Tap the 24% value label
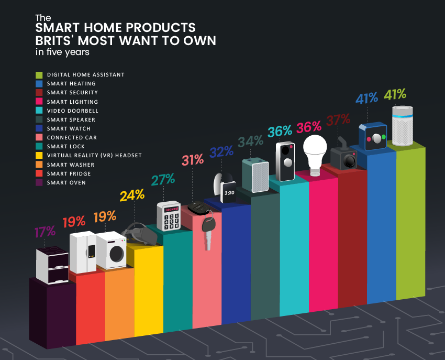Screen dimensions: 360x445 (x=131, y=196)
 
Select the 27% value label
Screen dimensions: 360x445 (x=163, y=179)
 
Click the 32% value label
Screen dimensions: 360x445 (x=221, y=152)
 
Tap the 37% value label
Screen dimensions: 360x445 (x=338, y=120)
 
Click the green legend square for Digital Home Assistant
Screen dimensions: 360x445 (x=39, y=75)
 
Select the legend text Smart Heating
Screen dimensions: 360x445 (x=71, y=84)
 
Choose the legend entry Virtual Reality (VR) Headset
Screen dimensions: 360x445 (x=94, y=156)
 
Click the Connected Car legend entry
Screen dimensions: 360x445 (x=72, y=138)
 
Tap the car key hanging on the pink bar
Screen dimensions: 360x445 (x=208, y=231)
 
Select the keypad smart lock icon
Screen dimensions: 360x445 (x=168, y=215)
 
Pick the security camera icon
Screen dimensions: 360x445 (x=344, y=156)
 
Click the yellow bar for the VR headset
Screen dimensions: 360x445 (x=148, y=293)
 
